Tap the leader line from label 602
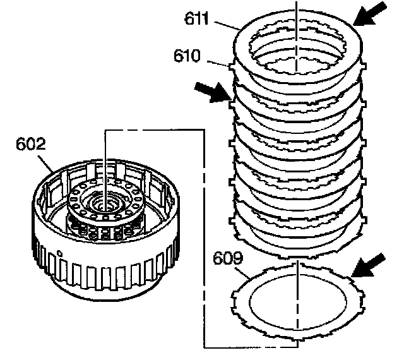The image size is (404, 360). [50, 161]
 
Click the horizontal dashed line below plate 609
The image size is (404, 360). [252, 346]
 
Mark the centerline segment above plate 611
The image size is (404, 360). [297, 8]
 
